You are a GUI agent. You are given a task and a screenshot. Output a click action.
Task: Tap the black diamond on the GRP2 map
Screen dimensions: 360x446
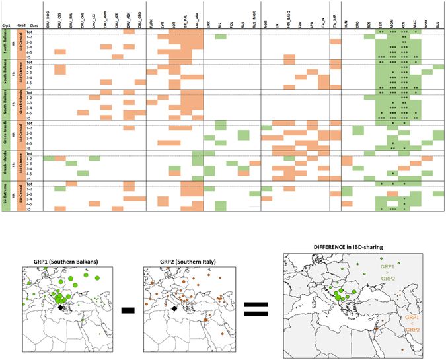point(174,308)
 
